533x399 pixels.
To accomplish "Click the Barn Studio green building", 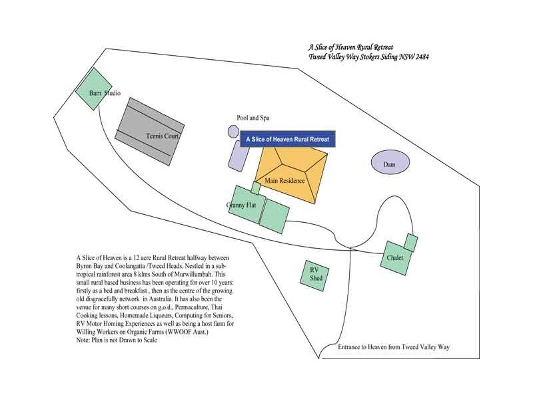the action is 93,89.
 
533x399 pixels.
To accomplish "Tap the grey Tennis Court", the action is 149,132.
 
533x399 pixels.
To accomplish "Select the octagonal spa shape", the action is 233,131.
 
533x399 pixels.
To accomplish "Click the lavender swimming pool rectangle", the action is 239,156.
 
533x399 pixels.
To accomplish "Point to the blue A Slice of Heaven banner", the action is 288,139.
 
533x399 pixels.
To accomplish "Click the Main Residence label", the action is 284,181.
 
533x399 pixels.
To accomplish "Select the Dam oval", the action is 390,162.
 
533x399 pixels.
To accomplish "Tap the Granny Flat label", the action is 241,205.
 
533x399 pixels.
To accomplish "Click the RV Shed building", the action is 314,276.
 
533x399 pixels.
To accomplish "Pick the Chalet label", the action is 395,258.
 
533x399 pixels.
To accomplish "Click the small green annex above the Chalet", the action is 410,243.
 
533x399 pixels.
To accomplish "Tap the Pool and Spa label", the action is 253,118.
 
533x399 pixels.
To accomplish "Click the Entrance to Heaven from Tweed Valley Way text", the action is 394,347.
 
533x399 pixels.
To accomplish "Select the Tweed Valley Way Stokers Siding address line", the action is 368,57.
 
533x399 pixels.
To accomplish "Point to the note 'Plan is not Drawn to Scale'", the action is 117,340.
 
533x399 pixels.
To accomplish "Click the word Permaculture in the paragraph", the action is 191,307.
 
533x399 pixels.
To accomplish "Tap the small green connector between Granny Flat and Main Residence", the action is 256,188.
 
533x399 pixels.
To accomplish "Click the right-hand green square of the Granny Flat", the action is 274,216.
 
